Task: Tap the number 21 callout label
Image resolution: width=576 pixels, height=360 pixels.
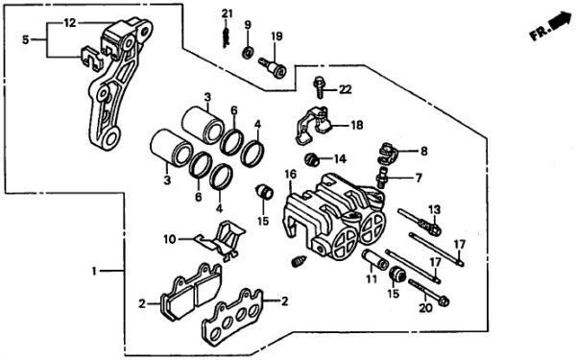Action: (228, 14)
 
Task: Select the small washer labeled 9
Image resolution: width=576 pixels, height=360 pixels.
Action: (248, 52)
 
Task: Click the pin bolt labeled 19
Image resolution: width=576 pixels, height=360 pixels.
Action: (273, 67)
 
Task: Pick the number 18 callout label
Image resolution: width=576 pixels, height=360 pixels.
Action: (357, 125)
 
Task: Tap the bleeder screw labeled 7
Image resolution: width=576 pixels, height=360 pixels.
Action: (381, 178)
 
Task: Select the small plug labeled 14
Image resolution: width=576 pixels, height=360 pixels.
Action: (312, 159)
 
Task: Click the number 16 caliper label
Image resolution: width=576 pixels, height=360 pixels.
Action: (291, 174)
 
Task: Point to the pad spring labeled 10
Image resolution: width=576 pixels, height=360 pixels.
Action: (220, 241)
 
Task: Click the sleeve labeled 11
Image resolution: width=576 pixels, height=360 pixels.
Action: (374, 259)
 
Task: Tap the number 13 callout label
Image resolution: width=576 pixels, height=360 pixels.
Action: (434, 210)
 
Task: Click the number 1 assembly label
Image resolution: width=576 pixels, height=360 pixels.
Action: (94, 272)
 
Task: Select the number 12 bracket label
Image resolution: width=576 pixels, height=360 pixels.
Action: (70, 23)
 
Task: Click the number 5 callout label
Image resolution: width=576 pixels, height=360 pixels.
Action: (25, 39)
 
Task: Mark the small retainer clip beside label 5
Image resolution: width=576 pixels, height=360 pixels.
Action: (91, 58)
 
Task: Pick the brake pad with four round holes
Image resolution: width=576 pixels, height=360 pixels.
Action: (233, 316)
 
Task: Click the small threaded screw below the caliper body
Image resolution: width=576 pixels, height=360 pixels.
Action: (299, 261)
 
